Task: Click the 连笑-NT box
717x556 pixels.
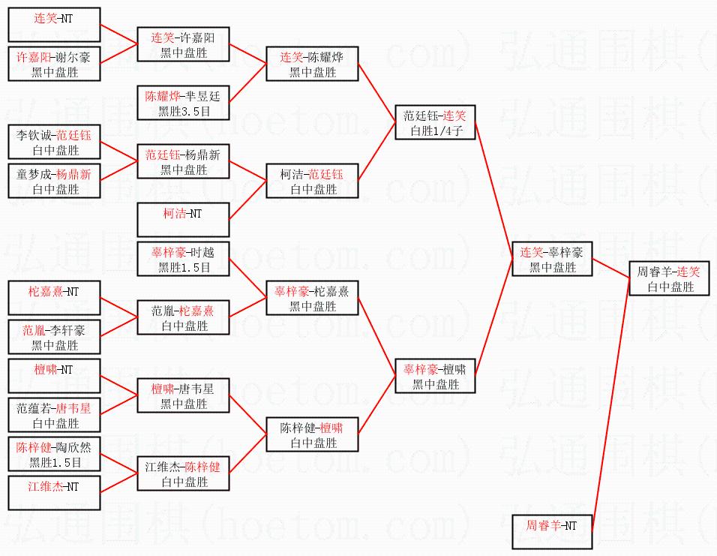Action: [53, 25]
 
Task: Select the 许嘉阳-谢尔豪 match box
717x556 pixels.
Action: [53, 65]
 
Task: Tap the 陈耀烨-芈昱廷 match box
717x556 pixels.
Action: [183, 104]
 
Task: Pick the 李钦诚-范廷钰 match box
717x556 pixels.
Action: [53, 143]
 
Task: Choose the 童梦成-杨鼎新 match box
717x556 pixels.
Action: [53, 182]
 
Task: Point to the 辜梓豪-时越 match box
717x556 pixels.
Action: [183, 260]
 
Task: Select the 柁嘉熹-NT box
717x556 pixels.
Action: [53, 299]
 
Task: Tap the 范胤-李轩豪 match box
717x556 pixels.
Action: [53, 338]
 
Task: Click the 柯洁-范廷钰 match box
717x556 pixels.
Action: [312, 182]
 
